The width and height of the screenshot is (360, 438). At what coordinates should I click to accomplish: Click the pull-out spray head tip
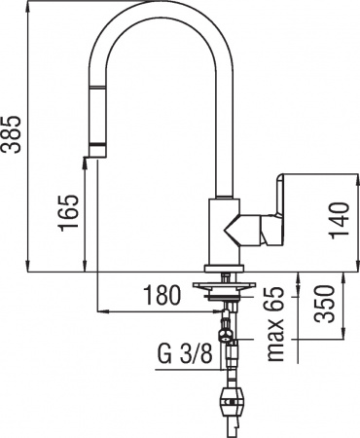97,154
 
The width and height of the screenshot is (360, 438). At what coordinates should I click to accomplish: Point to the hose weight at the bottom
234,400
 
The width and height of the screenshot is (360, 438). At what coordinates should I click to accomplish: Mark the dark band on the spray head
97,145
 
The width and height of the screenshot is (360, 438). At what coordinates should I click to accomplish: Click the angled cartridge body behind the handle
244,232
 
